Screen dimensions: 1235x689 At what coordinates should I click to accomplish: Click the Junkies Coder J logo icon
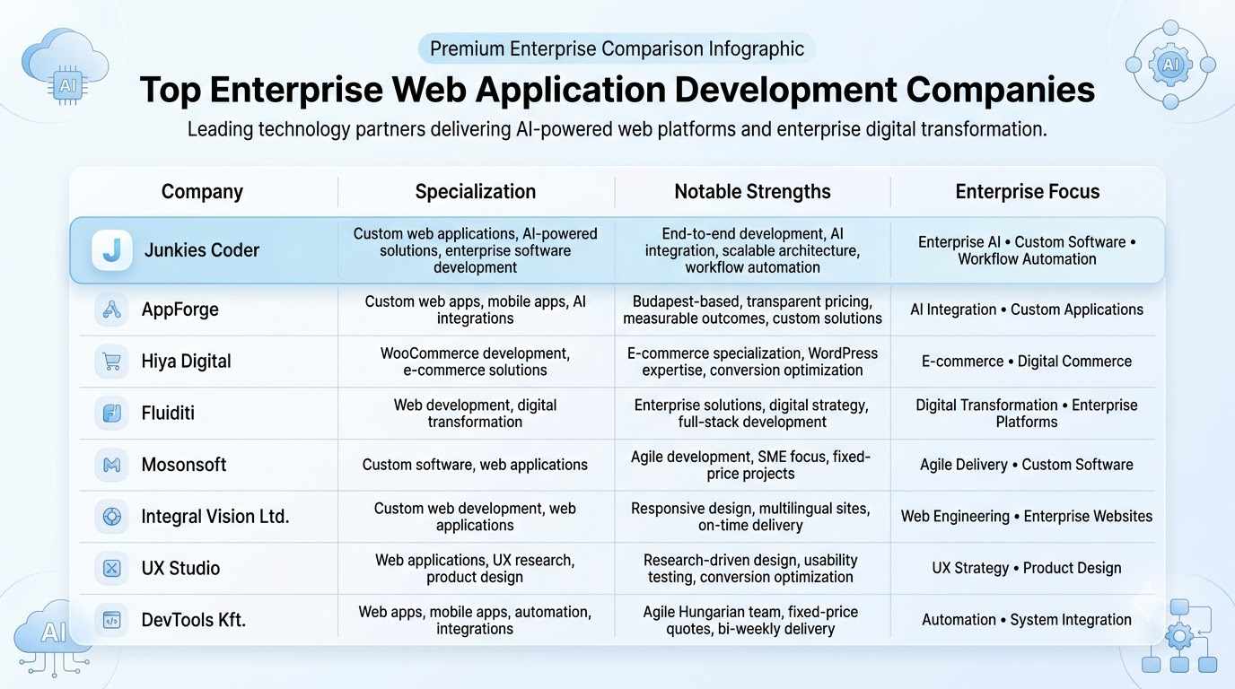(x=112, y=250)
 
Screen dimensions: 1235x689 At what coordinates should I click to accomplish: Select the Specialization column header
(x=476, y=191)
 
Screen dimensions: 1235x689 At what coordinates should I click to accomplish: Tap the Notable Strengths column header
(x=752, y=191)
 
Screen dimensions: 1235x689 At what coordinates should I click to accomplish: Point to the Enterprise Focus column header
(x=1027, y=191)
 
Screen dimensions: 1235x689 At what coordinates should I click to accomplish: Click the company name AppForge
(x=180, y=310)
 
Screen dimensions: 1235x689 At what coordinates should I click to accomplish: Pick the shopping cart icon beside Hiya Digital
(x=112, y=362)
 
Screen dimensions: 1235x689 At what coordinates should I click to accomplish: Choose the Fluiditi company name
(x=168, y=413)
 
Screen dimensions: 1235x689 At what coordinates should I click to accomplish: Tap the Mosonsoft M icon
(x=112, y=466)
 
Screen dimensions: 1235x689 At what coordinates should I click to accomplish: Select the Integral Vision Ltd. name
(x=215, y=517)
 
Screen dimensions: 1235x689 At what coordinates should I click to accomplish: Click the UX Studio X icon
(x=112, y=568)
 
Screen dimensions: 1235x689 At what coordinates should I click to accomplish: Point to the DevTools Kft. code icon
(x=112, y=620)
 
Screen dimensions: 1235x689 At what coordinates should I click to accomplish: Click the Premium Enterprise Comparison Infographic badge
(x=617, y=48)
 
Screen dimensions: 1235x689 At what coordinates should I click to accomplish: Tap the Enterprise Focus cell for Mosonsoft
(x=1027, y=465)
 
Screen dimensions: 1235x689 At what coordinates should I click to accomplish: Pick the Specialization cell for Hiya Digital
(x=476, y=362)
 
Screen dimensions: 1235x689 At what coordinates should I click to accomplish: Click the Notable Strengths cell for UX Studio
(x=750, y=568)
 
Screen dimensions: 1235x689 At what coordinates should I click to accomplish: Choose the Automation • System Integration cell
(x=1027, y=620)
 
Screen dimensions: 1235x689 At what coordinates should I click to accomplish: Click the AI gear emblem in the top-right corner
(x=1170, y=65)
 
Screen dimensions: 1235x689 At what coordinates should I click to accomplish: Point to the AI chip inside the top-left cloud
(x=67, y=86)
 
